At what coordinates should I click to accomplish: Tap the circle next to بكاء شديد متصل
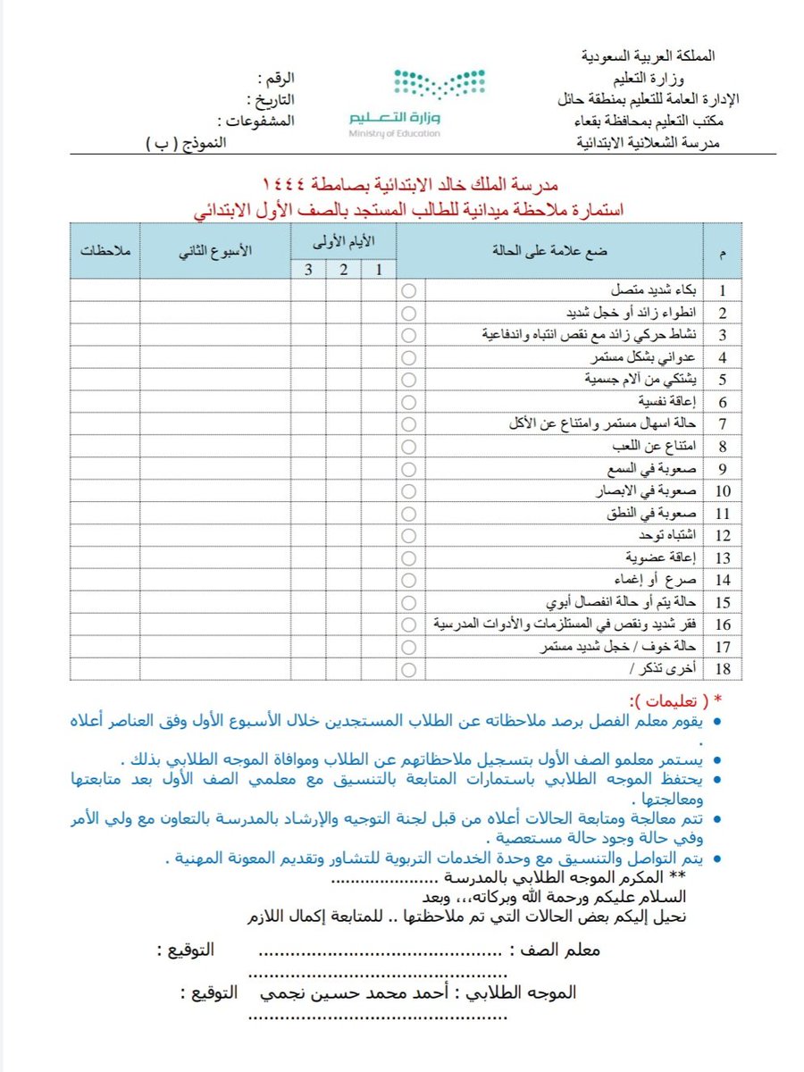point(409,290)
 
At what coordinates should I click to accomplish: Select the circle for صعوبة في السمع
point(409,469)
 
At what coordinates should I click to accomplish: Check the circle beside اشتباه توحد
point(409,535)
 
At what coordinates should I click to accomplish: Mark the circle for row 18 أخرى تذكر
point(409,668)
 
